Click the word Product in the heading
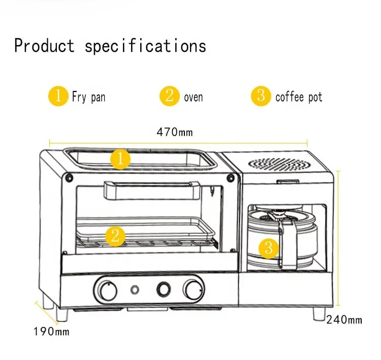[44, 46]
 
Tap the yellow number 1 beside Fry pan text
[58, 96]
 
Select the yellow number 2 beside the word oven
[170, 96]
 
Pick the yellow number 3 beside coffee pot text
[261, 96]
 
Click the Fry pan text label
[88, 97]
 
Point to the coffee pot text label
[299, 97]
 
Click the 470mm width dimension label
[176, 132]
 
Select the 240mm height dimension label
[344, 320]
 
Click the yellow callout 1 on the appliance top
[120, 160]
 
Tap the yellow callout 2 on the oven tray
[115, 235]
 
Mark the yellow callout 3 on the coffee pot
[269, 248]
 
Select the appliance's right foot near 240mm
[320, 312]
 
